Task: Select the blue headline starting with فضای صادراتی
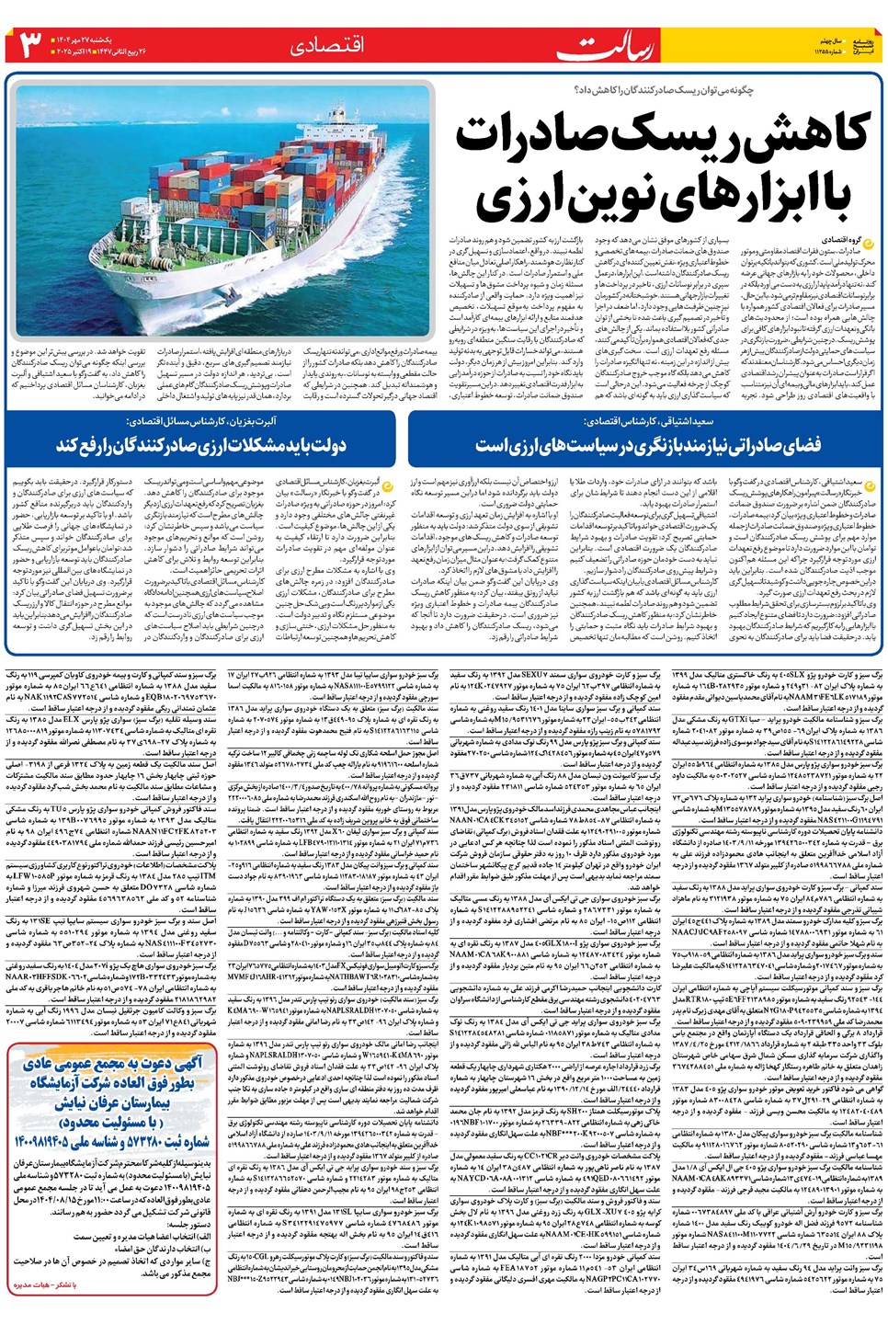pyautogui.click(x=647, y=446)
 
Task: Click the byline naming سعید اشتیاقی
pyautogui.click(x=647, y=421)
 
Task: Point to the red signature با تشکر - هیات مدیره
pyautogui.click(x=42, y=1284)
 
